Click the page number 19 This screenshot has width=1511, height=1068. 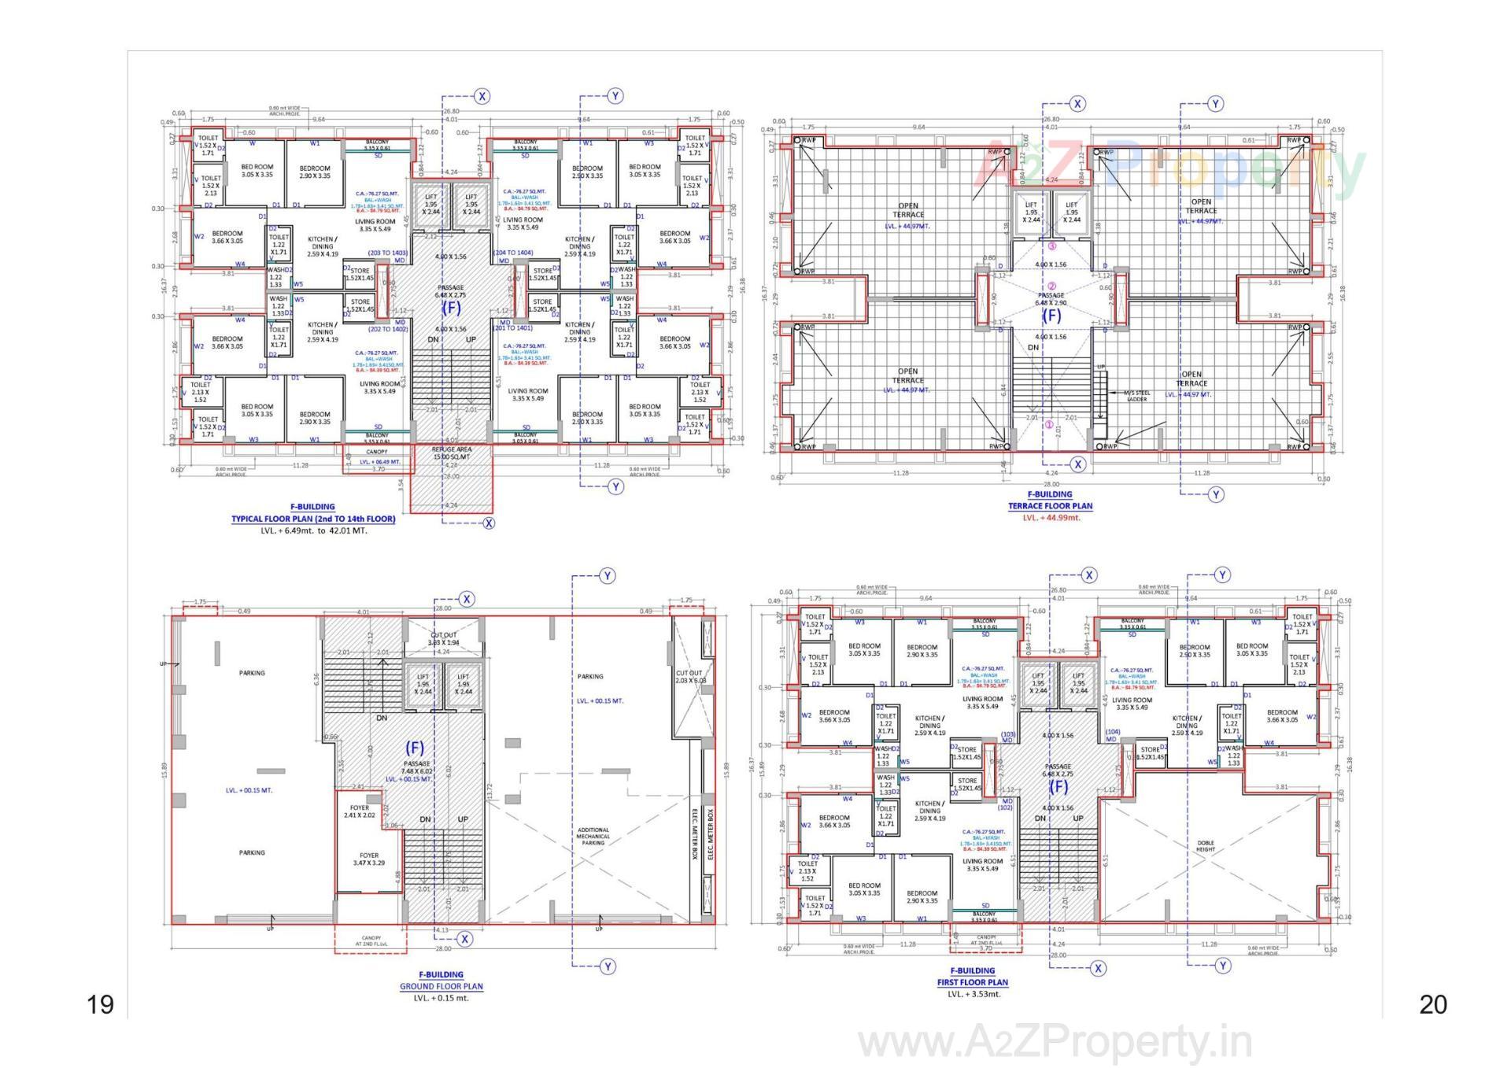(x=101, y=1005)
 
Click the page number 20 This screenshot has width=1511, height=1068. (x=1433, y=1005)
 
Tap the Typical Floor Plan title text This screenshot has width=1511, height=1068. (x=313, y=519)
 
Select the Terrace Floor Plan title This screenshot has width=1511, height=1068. (x=1050, y=506)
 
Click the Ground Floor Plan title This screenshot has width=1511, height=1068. (x=441, y=986)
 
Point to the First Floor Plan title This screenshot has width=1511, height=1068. (x=972, y=982)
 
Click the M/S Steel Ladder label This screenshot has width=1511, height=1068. (x=1136, y=396)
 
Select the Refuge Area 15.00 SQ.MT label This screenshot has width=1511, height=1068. (x=452, y=453)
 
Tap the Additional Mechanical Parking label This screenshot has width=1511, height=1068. (x=593, y=836)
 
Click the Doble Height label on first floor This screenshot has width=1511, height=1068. (x=1205, y=846)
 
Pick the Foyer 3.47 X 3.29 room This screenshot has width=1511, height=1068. (x=368, y=859)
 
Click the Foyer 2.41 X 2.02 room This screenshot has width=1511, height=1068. (x=359, y=811)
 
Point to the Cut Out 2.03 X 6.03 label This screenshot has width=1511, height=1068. (x=690, y=676)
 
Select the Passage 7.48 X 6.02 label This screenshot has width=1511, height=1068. (x=416, y=768)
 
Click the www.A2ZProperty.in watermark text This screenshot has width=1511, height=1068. (x=1055, y=1043)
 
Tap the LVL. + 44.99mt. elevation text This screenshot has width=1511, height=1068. (x=1051, y=518)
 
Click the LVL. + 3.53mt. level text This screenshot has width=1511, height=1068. (x=973, y=994)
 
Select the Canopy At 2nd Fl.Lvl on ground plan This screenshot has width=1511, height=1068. (x=371, y=941)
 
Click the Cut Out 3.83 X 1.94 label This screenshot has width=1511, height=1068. (x=443, y=638)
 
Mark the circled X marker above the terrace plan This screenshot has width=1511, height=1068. (x=1077, y=104)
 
